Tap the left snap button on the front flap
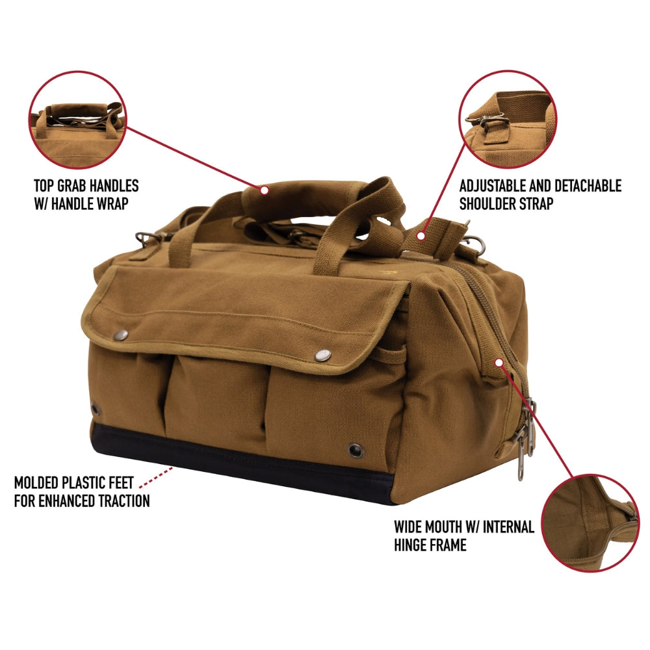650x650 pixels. point(122,335)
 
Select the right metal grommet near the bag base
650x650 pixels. point(354,449)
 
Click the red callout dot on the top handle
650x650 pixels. point(264,190)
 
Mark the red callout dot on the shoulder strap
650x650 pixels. point(421,237)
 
